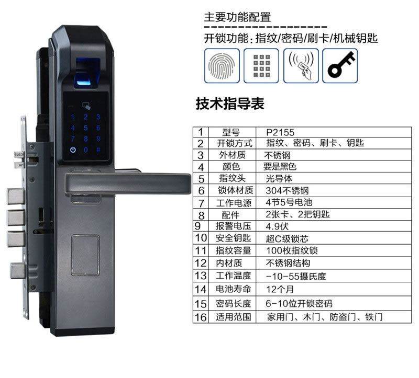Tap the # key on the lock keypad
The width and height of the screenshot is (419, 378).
97,150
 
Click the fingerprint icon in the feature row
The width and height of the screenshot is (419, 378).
222,66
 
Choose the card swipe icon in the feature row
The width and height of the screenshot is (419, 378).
301,66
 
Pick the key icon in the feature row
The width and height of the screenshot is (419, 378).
340,66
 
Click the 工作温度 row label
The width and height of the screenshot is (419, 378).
234,276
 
